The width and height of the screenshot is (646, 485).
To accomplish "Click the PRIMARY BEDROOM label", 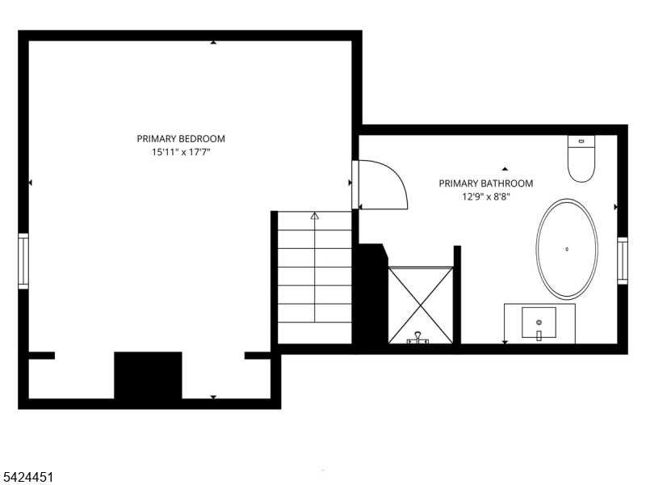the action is [181, 138].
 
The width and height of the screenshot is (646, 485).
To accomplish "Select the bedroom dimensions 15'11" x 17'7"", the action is [181, 152].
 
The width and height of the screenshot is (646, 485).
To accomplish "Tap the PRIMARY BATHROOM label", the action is [486, 183].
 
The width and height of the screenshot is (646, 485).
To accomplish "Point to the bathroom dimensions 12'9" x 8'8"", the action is [486, 196].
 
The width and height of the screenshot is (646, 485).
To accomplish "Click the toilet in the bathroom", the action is [581, 158].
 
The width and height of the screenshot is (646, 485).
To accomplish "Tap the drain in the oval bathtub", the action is [567, 249].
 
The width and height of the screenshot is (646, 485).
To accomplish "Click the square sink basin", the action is [539, 323].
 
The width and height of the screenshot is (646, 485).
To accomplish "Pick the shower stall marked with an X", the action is [421, 305].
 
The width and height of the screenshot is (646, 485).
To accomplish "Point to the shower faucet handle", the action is [418, 337].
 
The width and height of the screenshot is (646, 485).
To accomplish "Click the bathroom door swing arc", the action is [396, 175].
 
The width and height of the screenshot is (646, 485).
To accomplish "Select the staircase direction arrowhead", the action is [315, 215].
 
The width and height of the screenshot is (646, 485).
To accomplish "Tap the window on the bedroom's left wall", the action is [23, 261].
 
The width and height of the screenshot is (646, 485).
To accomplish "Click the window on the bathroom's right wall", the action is [622, 260].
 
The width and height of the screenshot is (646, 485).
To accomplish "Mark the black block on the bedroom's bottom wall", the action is [148, 375].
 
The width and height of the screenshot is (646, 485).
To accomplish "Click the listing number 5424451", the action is [27, 478].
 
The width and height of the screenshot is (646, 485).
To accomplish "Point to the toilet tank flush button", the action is [581, 141].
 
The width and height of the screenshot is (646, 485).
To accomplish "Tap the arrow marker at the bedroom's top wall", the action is [213, 42].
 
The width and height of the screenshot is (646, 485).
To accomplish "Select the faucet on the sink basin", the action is [539, 335].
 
